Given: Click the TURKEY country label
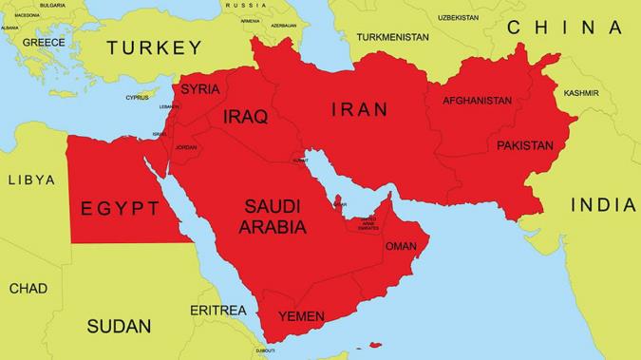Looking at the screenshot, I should pyautogui.click(x=154, y=47).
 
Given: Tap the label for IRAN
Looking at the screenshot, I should pyautogui.click(x=359, y=110).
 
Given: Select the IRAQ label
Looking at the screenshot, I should pyautogui.click(x=245, y=117).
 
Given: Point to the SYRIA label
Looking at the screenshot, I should pyautogui.click(x=199, y=89).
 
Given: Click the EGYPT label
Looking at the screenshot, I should pyautogui.click(x=120, y=208).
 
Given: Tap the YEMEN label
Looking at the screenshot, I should pyautogui.click(x=301, y=316).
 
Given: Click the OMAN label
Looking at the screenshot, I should pyautogui.click(x=401, y=246).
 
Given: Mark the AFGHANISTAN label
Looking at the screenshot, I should pyautogui.click(x=477, y=101).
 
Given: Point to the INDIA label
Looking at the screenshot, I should pyautogui.click(x=603, y=205).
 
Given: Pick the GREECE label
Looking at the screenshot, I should pyautogui.click(x=44, y=43).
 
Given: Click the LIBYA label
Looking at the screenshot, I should pyautogui.click(x=31, y=180).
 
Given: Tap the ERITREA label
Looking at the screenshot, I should pyautogui.click(x=218, y=311).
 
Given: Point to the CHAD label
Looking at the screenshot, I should pyautogui.click(x=28, y=288).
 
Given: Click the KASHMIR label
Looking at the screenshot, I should pyautogui.click(x=581, y=93).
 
